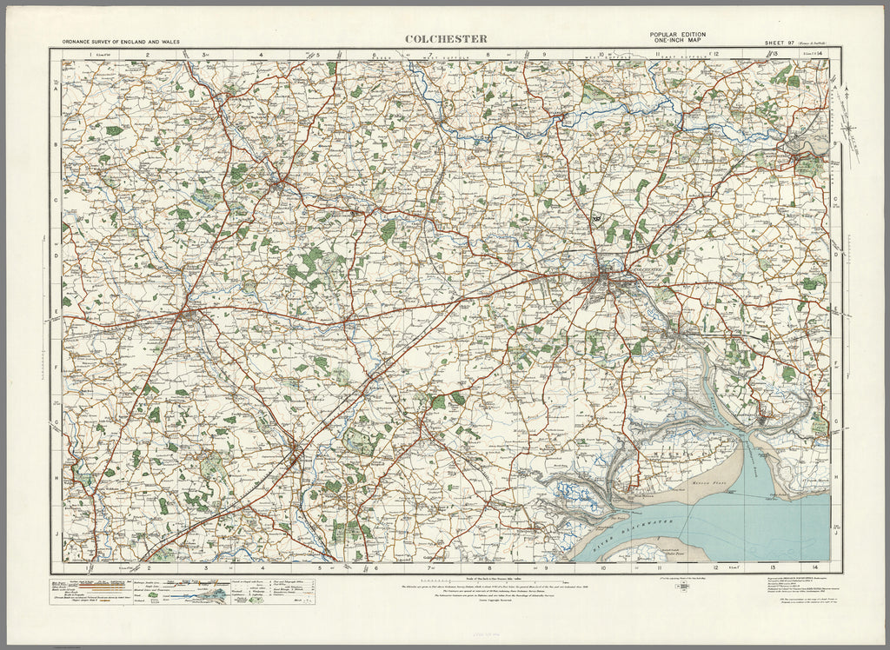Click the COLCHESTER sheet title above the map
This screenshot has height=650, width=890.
click(445, 38)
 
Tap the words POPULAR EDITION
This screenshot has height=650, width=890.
click(677, 34)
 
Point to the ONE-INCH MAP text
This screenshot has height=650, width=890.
click(677, 41)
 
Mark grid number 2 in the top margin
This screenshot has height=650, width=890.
click(149, 55)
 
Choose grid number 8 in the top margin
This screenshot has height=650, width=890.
click(488, 55)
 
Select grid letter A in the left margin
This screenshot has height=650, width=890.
click(56, 90)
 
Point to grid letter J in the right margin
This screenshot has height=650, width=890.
click(836, 531)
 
